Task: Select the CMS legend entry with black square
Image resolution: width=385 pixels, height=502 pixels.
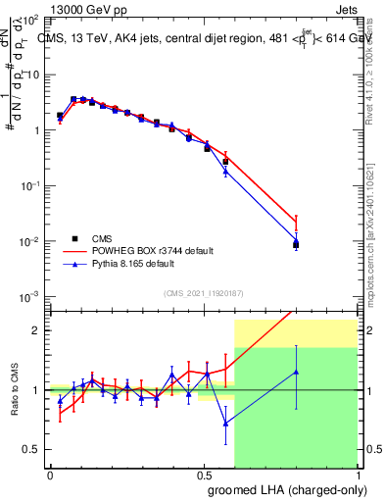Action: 102,238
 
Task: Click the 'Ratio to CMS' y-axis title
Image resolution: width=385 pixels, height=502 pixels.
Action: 15,390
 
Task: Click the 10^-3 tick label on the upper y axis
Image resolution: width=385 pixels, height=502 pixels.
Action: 29,296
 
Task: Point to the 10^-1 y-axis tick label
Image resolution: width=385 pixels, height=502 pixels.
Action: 29,185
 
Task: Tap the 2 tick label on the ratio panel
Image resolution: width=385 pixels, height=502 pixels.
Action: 36,330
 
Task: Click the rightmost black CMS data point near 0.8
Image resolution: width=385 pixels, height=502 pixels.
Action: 296,244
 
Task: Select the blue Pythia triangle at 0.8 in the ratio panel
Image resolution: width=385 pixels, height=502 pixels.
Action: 296,372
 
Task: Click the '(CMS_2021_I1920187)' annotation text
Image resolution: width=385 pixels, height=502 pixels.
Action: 203,292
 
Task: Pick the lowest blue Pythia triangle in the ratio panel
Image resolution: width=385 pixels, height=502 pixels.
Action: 226,424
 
